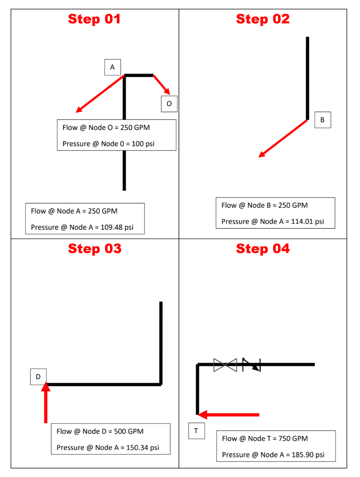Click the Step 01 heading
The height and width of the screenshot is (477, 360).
(x=94, y=19)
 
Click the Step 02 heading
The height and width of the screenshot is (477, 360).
(x=262, y=19)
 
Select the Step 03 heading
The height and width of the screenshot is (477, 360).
(x=95, y=249)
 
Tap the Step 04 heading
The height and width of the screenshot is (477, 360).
(x=262, y=249)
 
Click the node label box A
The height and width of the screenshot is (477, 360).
(x=113, y=67)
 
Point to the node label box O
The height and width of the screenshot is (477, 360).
(x=169, y=104)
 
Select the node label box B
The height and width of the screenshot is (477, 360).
(x=323, y=120)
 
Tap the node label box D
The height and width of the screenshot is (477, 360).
(x=38, y=377)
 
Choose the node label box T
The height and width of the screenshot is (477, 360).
(x=196, y=431)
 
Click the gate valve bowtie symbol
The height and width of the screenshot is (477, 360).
(x=225, y=365)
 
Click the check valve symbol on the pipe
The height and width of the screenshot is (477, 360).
(x=252, y=365)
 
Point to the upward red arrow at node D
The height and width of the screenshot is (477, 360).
(x=45, y=403)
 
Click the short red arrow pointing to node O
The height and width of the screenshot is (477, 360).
(x=162, y=85)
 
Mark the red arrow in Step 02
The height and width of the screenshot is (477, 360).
(x=283, y=138)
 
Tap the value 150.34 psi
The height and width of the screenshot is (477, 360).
(x=143, y=447)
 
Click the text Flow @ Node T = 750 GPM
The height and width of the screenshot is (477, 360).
(x=265, y=439)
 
